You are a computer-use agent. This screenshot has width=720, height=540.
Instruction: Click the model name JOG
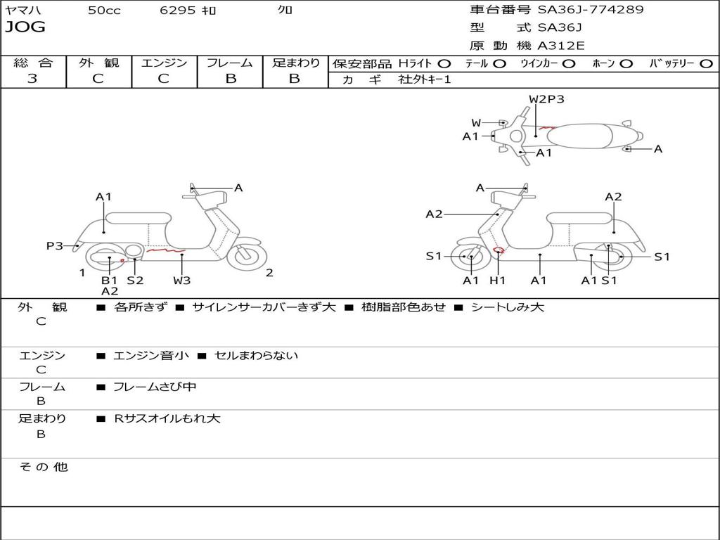click(25, 27)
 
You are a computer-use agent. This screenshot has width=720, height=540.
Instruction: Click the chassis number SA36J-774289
click(591, 9)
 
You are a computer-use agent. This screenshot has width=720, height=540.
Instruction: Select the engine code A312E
click(560, 46)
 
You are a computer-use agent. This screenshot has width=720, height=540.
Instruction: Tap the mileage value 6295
click(178, 10)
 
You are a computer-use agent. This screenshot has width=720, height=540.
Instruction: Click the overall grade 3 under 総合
click(32, 79)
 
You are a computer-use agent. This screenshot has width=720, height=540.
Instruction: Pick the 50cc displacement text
click(104, 10)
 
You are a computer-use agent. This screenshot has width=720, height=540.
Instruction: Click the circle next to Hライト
click(444, 64)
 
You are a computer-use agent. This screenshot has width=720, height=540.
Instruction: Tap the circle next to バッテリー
click(707, 64)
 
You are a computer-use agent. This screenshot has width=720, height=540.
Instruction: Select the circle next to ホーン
click(626, 64)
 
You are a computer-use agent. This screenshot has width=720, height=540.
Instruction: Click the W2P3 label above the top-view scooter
click(546, 98)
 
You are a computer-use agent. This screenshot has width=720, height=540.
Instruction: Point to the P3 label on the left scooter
click(55, 245)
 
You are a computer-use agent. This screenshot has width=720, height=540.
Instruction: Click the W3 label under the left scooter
click(182, 280)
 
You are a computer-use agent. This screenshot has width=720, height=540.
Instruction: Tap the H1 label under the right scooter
click(497, 280)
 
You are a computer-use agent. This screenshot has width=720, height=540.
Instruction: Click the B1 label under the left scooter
click(109, 280)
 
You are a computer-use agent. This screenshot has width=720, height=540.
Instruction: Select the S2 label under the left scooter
click(135, 280)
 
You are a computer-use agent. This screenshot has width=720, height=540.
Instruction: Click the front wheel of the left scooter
click(247, 256)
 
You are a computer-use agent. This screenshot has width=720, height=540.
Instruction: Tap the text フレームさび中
click(155, 387)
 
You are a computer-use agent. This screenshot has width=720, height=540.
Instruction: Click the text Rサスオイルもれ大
click(167, 418)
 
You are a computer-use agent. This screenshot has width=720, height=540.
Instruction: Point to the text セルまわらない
click(256, 355)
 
